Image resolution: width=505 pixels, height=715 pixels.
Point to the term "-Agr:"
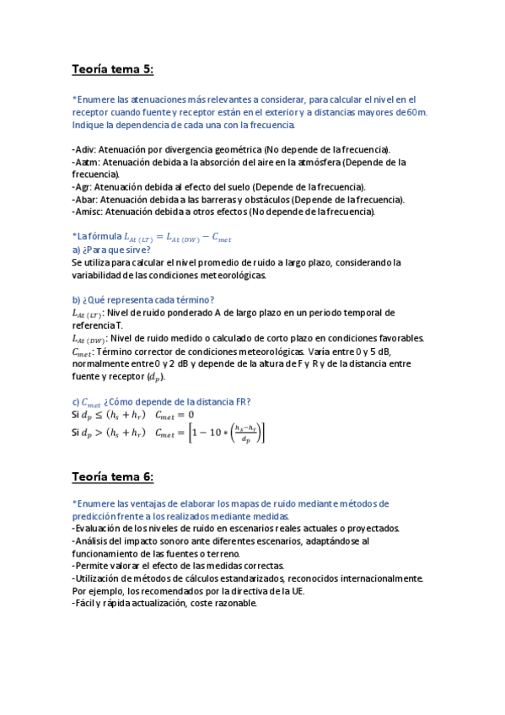(x=85, y=186)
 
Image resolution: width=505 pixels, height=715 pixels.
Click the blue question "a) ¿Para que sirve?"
(x=111, y=250)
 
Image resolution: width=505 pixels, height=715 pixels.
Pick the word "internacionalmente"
(x=375, y=578)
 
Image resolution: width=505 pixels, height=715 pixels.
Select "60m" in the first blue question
(x=416, y=111)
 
